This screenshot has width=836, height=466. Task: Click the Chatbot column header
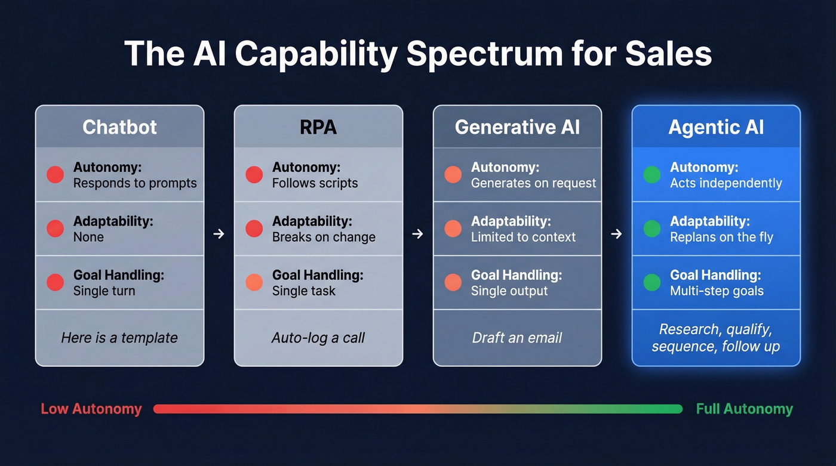coord(119,127)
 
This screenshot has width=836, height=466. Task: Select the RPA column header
coord(318,127)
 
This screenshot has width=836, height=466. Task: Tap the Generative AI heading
coord(517,127)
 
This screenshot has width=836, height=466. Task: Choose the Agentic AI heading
coord(716,127)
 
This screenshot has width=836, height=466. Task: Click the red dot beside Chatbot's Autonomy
coord(55,175)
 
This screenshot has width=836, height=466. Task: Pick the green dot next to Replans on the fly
coord(651,229)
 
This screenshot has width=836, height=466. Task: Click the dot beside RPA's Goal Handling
coord(254,282)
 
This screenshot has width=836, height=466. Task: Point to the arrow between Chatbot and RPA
coord(219,234)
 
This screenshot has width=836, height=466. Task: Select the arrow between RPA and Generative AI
coord(417,234)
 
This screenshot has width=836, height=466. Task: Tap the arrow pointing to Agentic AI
coord(616,234)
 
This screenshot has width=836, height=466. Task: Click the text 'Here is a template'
coord(119,338)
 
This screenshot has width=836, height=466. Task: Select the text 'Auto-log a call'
coord(318,338)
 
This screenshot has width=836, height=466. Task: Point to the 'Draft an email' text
coord(517,338)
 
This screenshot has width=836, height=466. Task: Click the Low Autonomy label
coord(91,409)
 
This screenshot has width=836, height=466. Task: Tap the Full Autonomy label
coord(744,409)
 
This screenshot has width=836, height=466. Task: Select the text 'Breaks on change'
coord(324,237)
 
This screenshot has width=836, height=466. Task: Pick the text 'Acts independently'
coord(726,183)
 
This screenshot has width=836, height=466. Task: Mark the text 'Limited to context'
coord(523,237)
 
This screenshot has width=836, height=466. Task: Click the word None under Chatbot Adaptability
coord(88,237)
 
